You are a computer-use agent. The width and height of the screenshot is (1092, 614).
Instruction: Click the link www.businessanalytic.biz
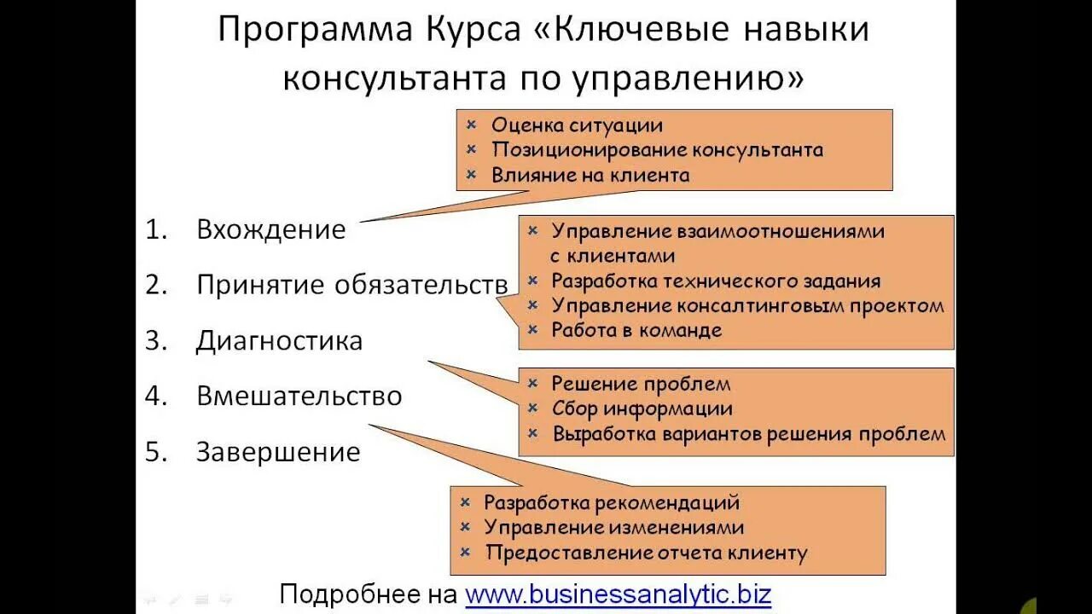pyautogui.click(x=618, y=594)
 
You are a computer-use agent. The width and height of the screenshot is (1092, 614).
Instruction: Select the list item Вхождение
pyautogui.click(x=270, y=229)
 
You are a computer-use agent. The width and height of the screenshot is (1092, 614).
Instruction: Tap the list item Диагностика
pyautogui.click(x=279, y=341)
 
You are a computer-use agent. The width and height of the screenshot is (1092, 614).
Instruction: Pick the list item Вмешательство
pyautogui.click(x=299, y=397)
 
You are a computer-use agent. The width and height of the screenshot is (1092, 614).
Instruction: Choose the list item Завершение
pyautogui.click(x=278, y=452)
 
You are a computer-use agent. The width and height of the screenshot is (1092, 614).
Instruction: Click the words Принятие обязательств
pyautogui.click(x=351, y=285)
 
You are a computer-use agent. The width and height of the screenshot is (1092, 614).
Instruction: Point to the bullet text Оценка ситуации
pyautogui.click(x=577, y=125)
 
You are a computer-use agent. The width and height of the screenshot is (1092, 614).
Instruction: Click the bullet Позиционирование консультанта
pyautogui.click(x=657, y=150)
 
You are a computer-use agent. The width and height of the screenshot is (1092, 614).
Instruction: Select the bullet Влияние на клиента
pyautogui.click(x=590, y=176)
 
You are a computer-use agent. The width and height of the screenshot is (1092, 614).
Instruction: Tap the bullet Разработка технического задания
pyautogui.click(x=716, y=281)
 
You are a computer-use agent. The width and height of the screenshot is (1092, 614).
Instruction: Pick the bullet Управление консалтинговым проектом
pyautogui.click(x=747, y=305)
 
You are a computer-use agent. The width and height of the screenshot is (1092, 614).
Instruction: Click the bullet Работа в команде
pyautogui.click(x=636, y=330)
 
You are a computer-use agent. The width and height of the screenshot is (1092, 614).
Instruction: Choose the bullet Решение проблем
pyautogui.click(x=641, y=384)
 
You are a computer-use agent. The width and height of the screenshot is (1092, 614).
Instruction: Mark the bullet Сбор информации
pyautogui.click(x=642, y=408)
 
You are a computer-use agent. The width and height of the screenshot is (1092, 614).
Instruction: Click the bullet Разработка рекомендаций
pyautogui.click(x=611, y=503)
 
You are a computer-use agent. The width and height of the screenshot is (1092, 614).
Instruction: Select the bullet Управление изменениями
pyautogui.click(x=613, y=528)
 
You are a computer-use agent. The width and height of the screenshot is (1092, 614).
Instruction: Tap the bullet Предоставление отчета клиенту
pyautogui.click(x=646, y=553)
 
